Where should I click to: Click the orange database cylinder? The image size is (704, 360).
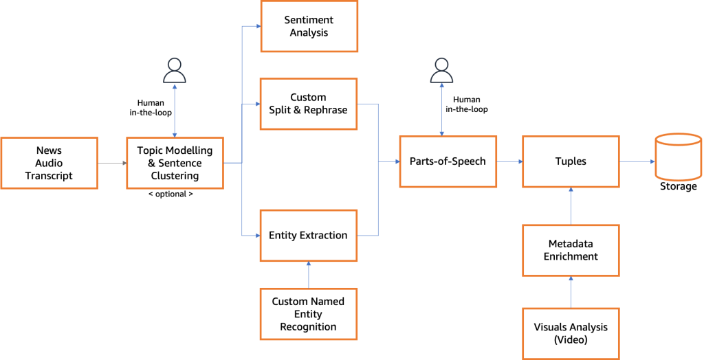(678, 157)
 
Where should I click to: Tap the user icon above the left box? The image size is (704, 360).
(175, 71)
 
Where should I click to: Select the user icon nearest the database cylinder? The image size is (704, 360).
(441, 71)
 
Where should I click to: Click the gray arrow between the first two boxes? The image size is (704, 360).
(112, 164)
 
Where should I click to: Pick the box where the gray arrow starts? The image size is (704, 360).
(49, 163)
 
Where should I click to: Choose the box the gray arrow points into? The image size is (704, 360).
(175, 163)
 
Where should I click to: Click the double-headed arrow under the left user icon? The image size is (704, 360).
(175, 110)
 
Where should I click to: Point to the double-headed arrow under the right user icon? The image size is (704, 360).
(441, 109)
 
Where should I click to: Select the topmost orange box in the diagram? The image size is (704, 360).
(309, 26)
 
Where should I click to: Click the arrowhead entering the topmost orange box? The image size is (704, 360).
(257, 27)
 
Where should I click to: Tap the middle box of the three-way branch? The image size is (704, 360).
(309, 104)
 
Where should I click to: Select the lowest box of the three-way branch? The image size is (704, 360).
(309, 236)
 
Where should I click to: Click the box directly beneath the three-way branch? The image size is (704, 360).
(309, 314)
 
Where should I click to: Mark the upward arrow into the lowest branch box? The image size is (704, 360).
(309, 274)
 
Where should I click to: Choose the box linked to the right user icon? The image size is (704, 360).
(448, 161)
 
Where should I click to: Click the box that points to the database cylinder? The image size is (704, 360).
(571, 161)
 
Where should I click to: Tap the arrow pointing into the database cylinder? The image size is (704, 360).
(637, 162)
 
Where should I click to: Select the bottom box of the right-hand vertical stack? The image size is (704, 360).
(571, 333)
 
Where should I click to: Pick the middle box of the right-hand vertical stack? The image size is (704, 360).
(571, 250)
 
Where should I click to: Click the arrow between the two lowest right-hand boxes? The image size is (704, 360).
(571, 291)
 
